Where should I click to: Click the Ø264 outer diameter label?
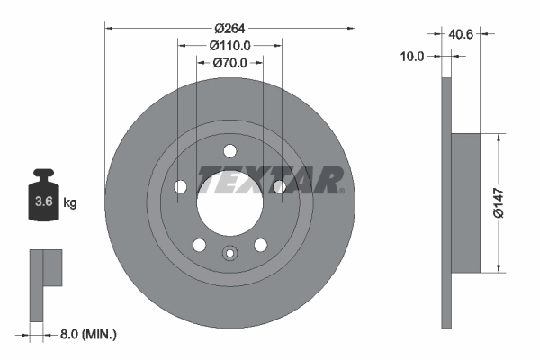(x=229, y=26)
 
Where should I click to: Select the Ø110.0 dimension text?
(x=229, y=45)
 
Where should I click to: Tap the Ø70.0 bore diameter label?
(x=229, y=63)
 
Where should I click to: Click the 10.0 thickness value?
(x=411, y=56)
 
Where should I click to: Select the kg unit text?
(x=70, y=202)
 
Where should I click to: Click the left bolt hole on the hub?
(x=180, y=186)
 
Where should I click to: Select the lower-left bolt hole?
(x=199, y=244)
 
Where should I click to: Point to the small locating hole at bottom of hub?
(x=229, y=255)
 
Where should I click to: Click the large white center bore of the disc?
(x=229, y=202)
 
